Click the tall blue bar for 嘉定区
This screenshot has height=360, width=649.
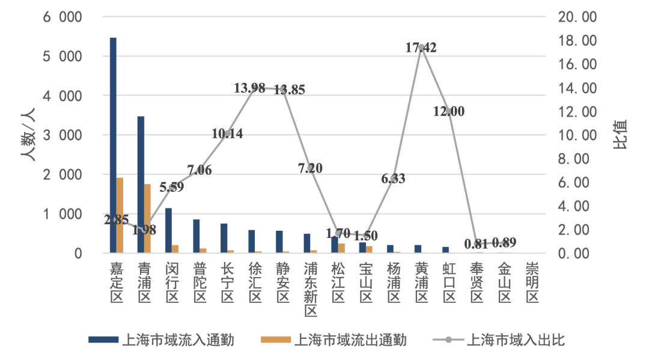(x=113, y=144)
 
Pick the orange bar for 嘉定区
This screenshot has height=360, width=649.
(x=120, y=215)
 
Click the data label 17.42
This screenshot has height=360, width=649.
(x=421, y=48)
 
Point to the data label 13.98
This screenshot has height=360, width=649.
(x=249, y=88)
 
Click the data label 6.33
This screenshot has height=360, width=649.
(x=394, y=178)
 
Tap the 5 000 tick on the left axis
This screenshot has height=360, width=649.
(x=62, y=56)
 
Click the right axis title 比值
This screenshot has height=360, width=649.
(x=620, y=135)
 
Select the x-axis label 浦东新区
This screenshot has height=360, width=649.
(x=310, y=288)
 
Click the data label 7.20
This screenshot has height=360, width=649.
(x=310, y=168)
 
